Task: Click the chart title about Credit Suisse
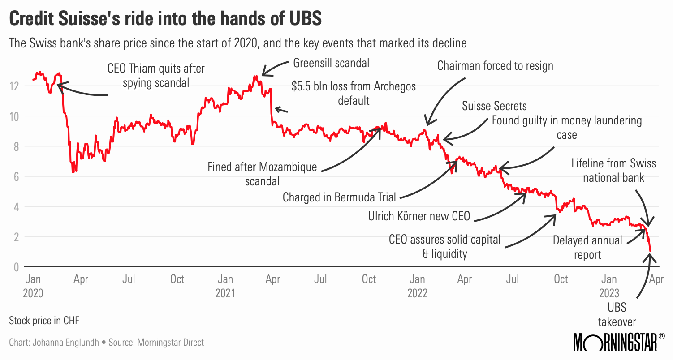click(x=165, y=20)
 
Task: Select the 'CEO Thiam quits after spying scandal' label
click(x=156, y=76)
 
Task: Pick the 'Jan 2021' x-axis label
click(x=225, y=286)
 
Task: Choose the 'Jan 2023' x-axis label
click(x=608, y=286)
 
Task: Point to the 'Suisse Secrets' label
click(x=494, y=106)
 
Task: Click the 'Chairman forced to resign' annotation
click(x=495, y=66)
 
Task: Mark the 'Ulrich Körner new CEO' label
click(x=419, y=216)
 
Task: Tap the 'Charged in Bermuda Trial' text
click(x=340, y=197)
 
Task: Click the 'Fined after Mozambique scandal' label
click(x=262, y=174)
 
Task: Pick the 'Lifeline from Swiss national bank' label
click(x=613, y=170)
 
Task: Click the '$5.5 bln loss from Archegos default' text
click(x=354, y=93)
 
